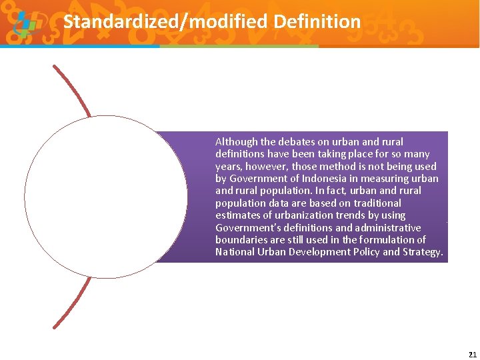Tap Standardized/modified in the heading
pyautogui.click(x=163, y=22)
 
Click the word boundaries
pyautogui.click(x=239, y=240)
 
